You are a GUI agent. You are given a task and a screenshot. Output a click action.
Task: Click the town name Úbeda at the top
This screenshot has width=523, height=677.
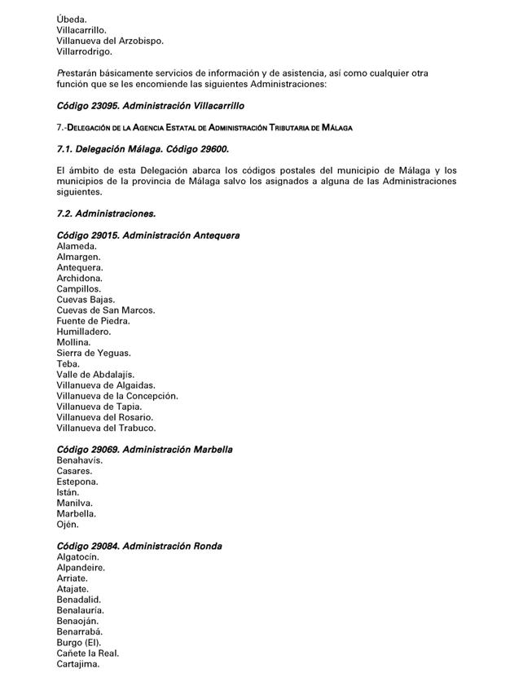click(x=71, y=18)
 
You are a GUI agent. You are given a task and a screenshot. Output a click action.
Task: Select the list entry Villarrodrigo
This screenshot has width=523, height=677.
click(x=85, y=51)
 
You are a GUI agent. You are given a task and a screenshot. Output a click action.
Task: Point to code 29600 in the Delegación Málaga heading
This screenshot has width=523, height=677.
click(x=209, y=149)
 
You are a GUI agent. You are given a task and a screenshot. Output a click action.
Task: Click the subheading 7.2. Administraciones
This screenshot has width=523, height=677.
click(x=106, y=213)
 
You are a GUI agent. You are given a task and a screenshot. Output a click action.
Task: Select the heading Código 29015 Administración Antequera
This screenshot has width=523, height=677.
click(x=148, y=235)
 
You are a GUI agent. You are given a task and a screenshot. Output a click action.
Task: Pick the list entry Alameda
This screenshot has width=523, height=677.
click(x=77, y=246)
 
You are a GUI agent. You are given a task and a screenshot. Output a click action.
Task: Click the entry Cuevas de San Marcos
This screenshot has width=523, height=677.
click(x=106, y=310)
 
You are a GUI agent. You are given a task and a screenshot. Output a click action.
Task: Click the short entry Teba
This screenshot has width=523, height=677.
click(x=68, y=364)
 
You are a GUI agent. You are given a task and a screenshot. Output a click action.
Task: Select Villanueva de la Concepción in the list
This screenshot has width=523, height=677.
click(x=117, y=396)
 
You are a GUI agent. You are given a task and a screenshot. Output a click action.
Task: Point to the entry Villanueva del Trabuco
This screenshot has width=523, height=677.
click(x=106, y=428)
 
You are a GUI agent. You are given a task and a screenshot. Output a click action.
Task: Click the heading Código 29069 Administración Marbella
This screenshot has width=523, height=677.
click(x=145, y=450)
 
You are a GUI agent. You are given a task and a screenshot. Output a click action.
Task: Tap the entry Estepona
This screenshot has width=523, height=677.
click(x=77, y=481)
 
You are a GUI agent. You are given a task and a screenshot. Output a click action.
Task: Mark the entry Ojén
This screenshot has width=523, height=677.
click(x=68, y=525)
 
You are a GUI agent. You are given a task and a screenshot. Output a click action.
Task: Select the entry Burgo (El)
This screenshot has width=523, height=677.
click(x=78, y=642)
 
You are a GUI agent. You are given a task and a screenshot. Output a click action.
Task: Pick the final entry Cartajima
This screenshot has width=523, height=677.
click(x=78, y=664)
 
